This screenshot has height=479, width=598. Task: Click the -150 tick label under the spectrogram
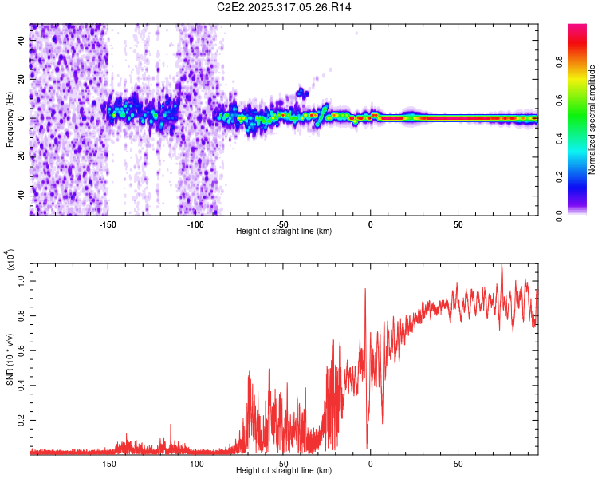pyautogui.click(x=108, y=224)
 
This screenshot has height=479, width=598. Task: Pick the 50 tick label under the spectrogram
pyautogui.click(x=458, y=224)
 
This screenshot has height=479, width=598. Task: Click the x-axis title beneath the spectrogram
pyautogui.click(x=284, y=232)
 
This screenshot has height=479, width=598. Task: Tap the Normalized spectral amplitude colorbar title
pyautogui.click(x=592, y=120)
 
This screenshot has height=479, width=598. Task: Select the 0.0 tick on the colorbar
pyautogui.click(x=581, y=214)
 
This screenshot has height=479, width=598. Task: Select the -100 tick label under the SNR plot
pyautogui.click(x=195, y=464)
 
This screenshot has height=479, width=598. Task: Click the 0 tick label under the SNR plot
pyautogui.click(x=370, y=464)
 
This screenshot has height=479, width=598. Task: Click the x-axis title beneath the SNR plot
pyautogui.click(x=284, y=471)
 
